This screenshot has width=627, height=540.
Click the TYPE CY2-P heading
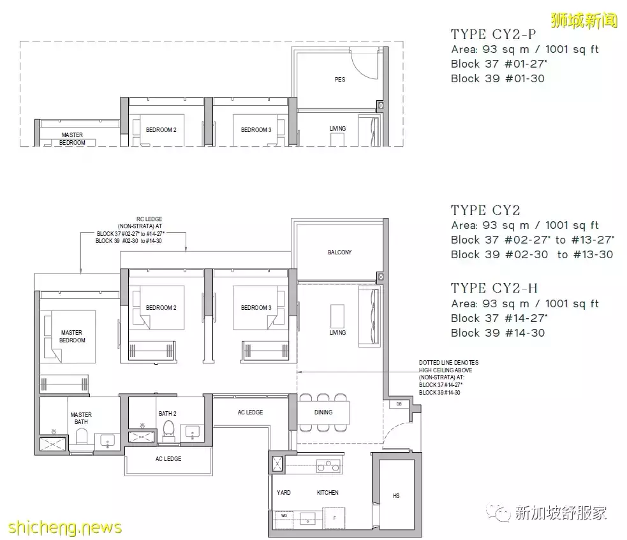493,34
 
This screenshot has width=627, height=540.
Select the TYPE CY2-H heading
494,288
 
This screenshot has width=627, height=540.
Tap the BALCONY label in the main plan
339,252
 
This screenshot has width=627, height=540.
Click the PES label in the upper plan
339,80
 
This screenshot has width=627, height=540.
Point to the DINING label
323,412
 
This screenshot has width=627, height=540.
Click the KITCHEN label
328,493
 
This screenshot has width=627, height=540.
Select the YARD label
283,493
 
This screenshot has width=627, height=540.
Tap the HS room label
396,495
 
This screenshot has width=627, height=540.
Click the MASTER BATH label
81,418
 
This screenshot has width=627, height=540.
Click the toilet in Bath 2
169,431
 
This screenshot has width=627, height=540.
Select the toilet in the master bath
81,437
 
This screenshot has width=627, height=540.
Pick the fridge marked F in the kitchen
334,517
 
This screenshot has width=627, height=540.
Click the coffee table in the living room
337,316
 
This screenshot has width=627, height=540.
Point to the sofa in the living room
369,317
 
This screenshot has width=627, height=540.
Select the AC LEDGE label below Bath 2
168,459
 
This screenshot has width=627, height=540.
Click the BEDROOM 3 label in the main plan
256,308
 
